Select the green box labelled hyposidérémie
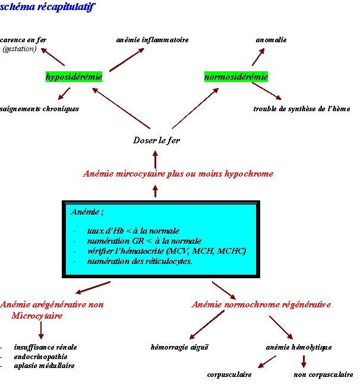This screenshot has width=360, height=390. (74, 77)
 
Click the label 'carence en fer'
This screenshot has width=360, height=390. (24, 40)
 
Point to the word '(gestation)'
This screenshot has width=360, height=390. (20, 49)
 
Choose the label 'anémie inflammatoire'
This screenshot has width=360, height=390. (152, 40)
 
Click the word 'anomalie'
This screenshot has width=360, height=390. (271, 40)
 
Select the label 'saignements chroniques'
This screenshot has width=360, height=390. (39, 109)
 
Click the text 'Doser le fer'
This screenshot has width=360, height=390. (156, 141)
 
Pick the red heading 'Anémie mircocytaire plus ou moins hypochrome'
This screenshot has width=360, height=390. (178, 174)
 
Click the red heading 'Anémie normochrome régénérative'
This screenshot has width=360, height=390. (261, 304)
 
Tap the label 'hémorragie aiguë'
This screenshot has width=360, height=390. (179, 347)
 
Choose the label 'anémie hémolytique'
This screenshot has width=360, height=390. (299, 347)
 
